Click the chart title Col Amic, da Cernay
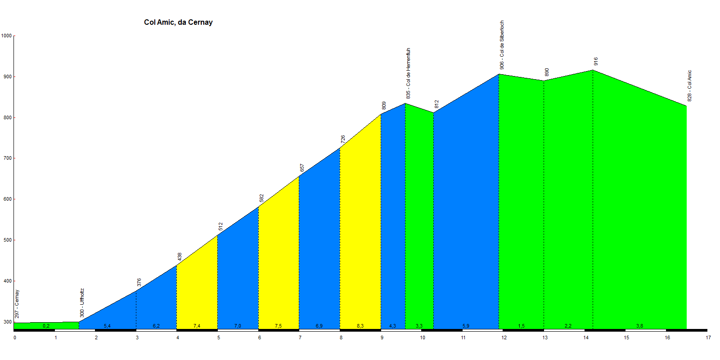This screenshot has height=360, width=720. point(178,22)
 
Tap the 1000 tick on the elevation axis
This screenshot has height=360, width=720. point(6,36)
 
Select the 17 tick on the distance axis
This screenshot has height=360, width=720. point(708,337)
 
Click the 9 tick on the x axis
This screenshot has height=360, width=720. point(382,337)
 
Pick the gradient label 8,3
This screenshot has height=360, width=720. point(360,326)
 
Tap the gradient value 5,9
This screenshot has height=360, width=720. point(466,326)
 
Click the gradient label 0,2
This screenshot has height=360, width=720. point(46,326)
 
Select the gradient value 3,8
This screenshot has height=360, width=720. point(639,326)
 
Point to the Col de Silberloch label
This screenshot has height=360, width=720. point(502,45)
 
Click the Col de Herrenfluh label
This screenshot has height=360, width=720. point(408,73)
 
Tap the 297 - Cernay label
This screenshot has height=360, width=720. point(17,304)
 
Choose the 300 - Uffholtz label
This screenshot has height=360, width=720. point(82,302)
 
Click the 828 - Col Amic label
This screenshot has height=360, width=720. point(689,85)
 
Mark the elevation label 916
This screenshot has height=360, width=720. point(596,61)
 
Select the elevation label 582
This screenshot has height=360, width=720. point(261,198)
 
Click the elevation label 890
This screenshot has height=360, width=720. point(547,72)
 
